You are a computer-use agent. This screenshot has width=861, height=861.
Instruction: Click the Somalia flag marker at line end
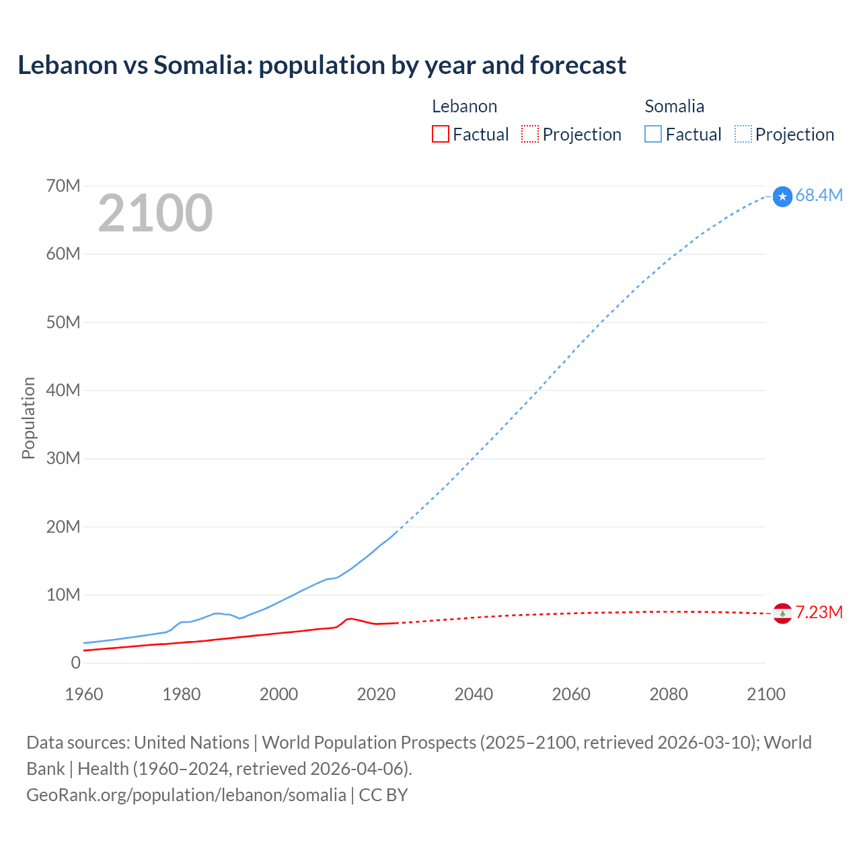pos(782,196)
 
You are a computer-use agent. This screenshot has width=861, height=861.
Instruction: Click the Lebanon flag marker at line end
pos(782,613)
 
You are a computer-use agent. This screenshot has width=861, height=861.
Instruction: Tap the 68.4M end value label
pos(819,196)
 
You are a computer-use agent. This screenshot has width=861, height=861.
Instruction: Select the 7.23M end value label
pos(819,613)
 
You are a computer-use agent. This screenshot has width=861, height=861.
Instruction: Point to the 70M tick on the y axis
pos(63,186)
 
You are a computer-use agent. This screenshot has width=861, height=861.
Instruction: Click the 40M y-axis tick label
pos(63,391)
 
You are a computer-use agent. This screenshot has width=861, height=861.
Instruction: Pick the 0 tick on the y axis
pos(75,663)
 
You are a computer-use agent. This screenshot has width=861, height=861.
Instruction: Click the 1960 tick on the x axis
pos(84,694)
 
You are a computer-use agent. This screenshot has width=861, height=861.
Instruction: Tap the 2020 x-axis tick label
pos(376,694)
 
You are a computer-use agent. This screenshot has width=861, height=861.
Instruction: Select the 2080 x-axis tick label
pos(668,694)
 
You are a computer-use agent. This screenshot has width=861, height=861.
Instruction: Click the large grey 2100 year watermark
pos(155,213)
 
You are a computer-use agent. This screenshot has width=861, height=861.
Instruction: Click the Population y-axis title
pos(28,418)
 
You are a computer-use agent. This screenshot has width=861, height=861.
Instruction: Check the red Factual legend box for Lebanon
pos(440,135)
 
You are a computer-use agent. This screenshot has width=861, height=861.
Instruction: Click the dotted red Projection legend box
pos(530,135)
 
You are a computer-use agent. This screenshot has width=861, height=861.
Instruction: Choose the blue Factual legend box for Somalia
pos(652,135)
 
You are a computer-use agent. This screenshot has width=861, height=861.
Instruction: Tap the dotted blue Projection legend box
pos(743,135)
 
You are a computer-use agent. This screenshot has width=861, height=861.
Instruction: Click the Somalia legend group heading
pos(674,106)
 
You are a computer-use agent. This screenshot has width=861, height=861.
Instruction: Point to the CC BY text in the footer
pos(383,795)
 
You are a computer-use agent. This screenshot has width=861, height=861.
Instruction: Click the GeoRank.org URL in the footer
pos(186,795)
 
